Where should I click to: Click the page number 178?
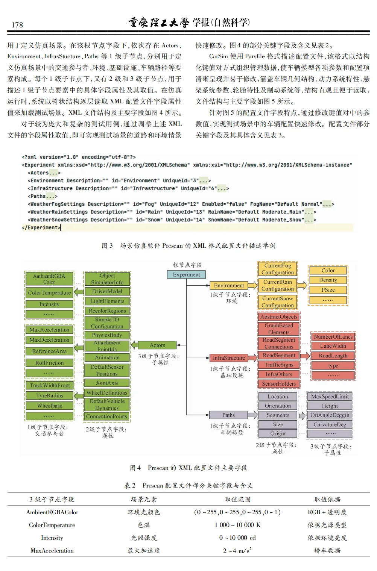pos(17,25)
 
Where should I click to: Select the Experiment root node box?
pos(186,275)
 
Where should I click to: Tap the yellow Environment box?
pos(229,286)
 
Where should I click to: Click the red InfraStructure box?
pos(229,358)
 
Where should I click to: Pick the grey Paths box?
pos(228,415)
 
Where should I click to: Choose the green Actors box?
pos(157,345)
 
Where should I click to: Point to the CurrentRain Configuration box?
pos(278,285)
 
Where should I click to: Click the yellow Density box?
pos(328,280)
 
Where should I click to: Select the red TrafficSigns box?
pos(278,365)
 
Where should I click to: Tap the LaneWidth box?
pos(333,346)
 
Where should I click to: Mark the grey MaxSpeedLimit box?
pos(330,397)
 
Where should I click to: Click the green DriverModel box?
pos(107,291)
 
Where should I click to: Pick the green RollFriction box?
pos(49,363)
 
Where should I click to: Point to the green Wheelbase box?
pos(49,406)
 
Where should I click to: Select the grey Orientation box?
pos(278,406)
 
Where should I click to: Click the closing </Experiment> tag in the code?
pos(41,228)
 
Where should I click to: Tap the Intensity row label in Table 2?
pos(52,538)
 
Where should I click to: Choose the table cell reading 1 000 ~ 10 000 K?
pos(237,525)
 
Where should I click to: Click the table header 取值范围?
pos(237,500)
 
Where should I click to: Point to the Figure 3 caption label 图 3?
pos(107,246)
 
